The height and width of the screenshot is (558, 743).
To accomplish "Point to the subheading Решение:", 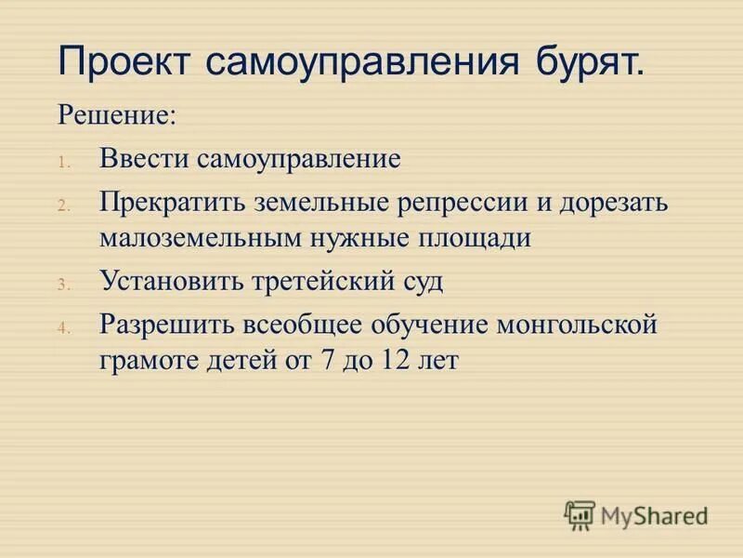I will tap(116, 116).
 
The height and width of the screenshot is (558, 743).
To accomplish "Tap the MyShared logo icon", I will tap(580, 512).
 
